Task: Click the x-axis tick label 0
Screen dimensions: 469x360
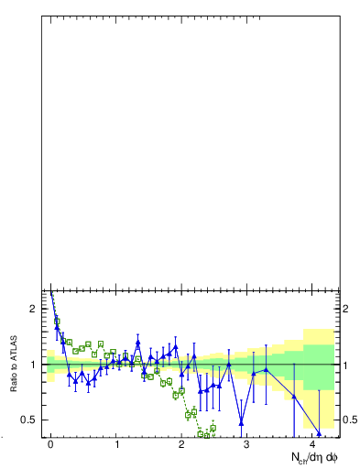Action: (51, 443)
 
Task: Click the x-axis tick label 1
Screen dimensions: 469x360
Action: (117, 443)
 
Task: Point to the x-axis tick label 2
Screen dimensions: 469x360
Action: (182, 443)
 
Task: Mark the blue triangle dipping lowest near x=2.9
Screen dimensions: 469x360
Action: (242, 422)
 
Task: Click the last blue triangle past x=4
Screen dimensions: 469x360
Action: (319, 433)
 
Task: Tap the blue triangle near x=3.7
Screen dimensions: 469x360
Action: (293, 396)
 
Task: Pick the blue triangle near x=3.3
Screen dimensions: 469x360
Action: (266, 370)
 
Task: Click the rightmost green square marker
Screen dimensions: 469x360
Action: (213, 428)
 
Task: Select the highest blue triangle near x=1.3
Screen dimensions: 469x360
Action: (137, 343)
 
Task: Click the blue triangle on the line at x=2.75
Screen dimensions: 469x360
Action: (229, 365)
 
